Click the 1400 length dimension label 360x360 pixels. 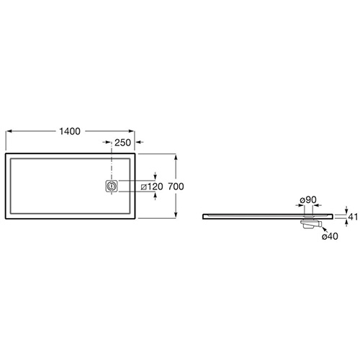(x=70, y=131)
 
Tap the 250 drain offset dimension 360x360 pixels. (x=122, y=143)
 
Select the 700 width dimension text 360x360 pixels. (x=176, y=186)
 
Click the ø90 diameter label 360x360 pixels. (x=308, y=199)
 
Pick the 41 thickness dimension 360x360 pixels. (x=353, y=217)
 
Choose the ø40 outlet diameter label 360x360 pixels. (x=330, y=236)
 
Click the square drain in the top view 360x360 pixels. (x=112, y=186)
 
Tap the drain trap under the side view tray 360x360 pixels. (x=310, y=223)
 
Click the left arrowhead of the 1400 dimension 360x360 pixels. (x=9, y=131)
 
